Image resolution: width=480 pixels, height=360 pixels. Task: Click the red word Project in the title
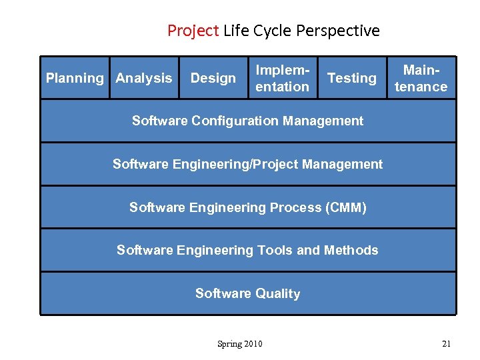(x=193, y=31)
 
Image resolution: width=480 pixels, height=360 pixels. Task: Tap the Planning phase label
(x=75, y=78)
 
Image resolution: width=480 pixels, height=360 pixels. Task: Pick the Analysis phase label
(x=143, y=78)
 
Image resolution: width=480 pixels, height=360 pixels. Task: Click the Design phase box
(x=213, y=78)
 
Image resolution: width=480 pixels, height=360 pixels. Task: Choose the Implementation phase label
(x=283, y=78)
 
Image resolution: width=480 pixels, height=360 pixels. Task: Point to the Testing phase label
(x=352, y=78)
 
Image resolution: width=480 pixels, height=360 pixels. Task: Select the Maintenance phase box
(x=421, y=78)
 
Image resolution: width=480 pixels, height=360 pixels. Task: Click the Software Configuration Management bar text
(x=247, y=121)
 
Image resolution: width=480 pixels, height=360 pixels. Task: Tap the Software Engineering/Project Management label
(x=247, y=164)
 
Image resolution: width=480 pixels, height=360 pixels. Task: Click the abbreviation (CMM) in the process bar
(x=345, y=207)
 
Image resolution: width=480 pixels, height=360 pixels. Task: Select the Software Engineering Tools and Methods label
(x=247, y=250)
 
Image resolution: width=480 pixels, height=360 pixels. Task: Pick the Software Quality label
(x=247, y=293)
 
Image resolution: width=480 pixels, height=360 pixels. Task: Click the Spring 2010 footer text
(x=240, y=344)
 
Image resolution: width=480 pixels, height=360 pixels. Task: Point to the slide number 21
(x=446, y=344)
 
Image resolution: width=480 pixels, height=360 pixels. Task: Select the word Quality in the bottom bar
(x=275, y=293)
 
